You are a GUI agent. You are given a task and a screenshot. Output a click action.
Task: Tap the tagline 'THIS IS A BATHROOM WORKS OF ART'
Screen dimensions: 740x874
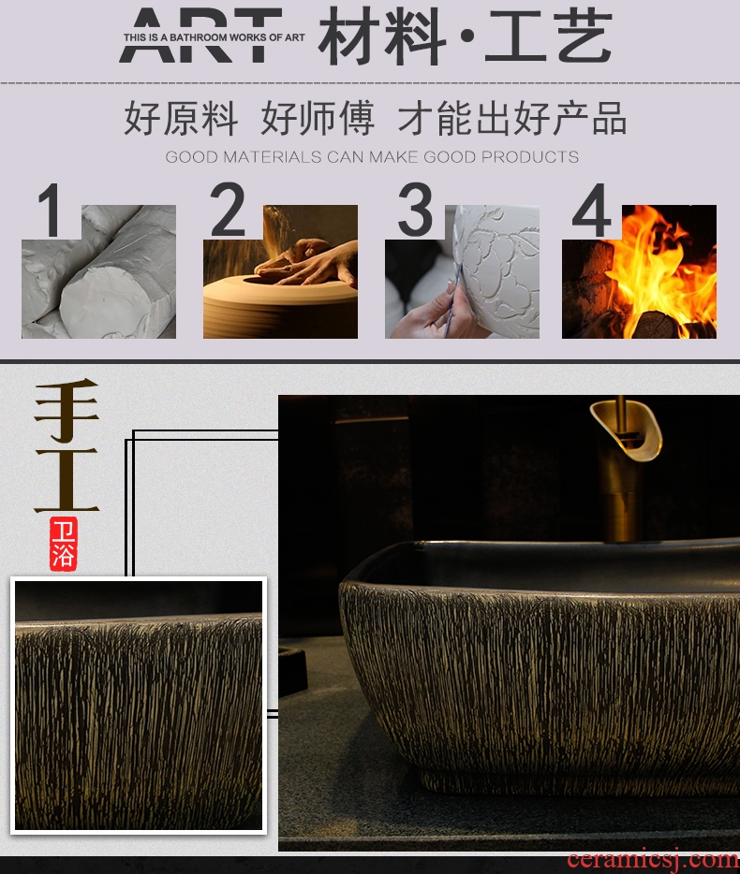tap(214, 37)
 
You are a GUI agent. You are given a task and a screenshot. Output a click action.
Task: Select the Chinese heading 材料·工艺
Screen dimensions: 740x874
tap(466, 36)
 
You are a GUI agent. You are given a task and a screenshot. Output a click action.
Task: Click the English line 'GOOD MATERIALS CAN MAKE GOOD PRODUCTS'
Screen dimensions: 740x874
tap(372, 156)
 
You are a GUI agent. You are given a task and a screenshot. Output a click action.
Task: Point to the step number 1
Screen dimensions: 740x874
tap(50, 210)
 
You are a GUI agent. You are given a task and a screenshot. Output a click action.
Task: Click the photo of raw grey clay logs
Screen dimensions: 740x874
tap(98, 271)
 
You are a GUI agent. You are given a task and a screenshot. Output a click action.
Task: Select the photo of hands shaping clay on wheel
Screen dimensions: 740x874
tap(280, 271)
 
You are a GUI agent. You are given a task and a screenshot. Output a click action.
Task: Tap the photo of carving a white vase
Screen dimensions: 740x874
tap(462, 271)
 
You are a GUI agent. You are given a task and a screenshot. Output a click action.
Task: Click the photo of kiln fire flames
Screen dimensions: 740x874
tap(639, 271)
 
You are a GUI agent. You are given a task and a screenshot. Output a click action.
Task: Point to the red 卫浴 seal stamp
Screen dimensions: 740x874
tap(63, 544)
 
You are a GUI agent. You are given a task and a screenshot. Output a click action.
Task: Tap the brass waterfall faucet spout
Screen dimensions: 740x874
tap(626, 428)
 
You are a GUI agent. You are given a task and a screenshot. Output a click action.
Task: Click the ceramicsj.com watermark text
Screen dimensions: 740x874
tap(653, 861)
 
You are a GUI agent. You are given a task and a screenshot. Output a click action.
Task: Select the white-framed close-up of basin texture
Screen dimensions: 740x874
tap(139, 706)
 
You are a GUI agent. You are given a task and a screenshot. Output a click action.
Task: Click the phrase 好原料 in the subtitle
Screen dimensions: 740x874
tap(181, 118)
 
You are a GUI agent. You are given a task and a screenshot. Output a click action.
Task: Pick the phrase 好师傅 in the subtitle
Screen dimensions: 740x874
tap(317, 118)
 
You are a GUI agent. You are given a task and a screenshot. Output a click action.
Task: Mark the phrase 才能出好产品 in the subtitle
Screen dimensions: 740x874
tap(511, 118)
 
